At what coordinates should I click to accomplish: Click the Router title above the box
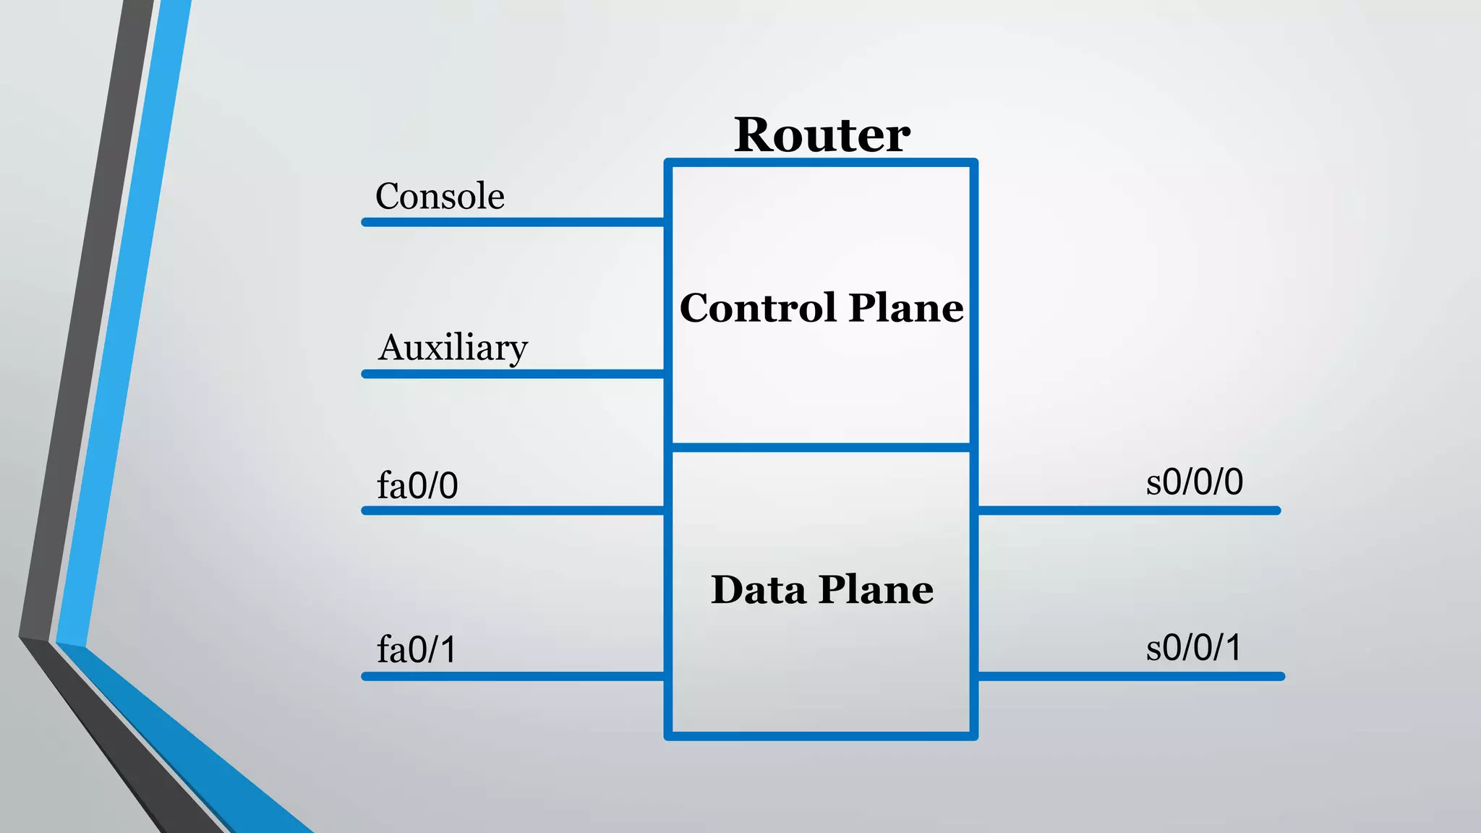click(821, 135)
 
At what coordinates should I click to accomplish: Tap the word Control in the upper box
click(757, 309)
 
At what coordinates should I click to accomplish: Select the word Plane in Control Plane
click(905, 309)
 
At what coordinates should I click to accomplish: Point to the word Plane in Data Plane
click(876, 589)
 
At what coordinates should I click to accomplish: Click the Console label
click(440, 197)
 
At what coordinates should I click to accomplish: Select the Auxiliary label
click(453, 349)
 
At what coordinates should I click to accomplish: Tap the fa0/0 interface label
click(417, 485)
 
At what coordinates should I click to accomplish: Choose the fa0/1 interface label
click(417, 649)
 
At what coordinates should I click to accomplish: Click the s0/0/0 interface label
click(1195, 482)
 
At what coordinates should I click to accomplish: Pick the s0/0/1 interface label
click(1194, 647)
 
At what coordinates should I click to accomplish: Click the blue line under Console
click(513, 222)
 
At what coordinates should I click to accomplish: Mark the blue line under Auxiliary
click(513, 374)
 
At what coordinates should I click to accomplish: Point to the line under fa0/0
click(513, 511)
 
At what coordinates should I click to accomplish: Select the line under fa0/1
click(513, 676)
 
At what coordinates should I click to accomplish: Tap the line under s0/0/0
click(1128, 511)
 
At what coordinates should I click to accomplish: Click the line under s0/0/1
click(1128, 676)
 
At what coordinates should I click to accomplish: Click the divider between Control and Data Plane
click(821, 448)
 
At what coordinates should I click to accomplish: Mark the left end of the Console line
click(366, 222)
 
